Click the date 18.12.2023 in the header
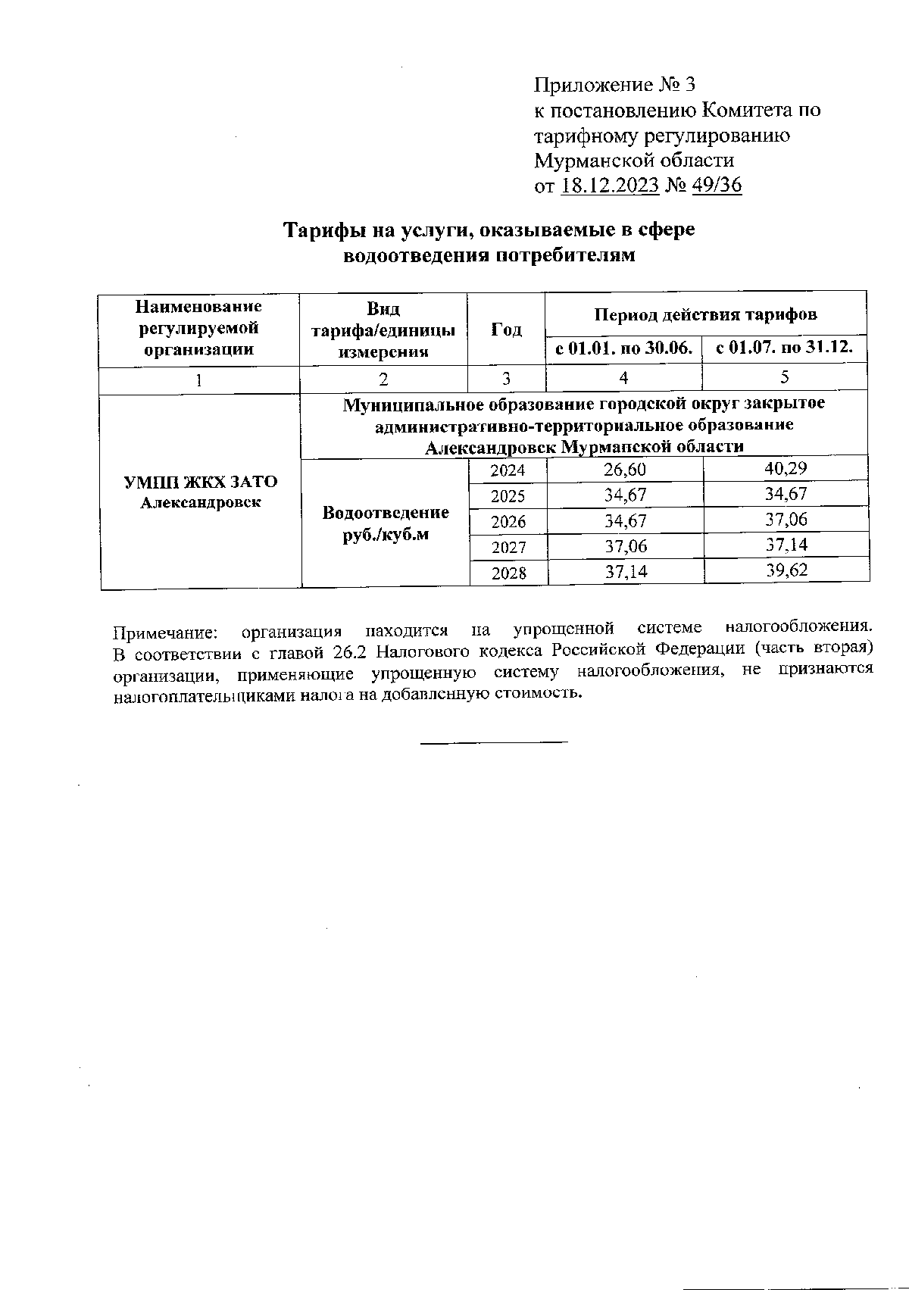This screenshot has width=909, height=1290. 609,186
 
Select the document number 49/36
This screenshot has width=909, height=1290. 716,186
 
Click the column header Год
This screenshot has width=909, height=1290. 506,330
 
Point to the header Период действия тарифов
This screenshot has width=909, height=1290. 705,314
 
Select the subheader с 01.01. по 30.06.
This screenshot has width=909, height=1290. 624,348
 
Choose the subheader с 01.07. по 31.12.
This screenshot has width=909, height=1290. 785,348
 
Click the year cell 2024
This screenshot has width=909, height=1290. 508,470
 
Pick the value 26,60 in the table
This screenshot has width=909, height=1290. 625,470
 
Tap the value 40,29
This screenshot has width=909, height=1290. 786,468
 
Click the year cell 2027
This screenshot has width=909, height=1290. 508,547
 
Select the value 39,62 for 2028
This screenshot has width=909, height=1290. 786,570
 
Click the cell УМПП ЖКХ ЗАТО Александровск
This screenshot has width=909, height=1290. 200,492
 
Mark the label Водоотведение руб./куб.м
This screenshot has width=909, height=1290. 385,523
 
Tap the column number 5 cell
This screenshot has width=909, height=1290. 785,377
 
